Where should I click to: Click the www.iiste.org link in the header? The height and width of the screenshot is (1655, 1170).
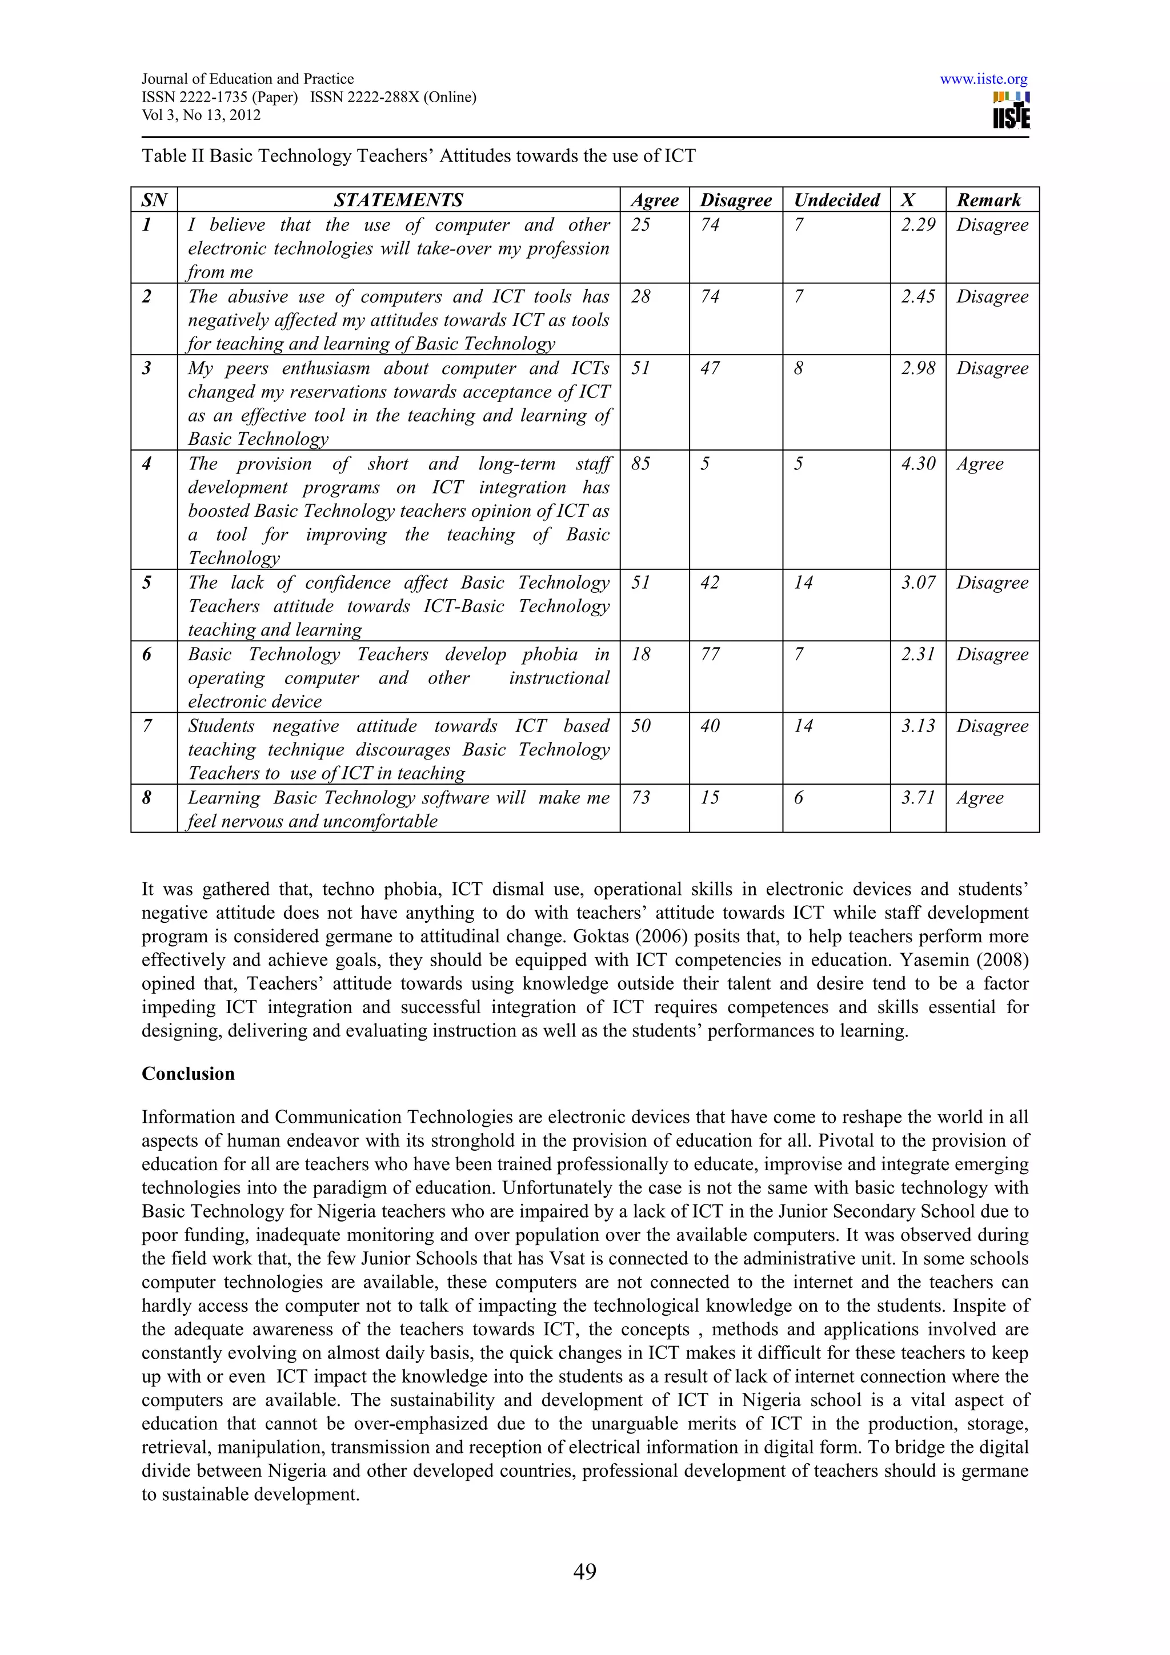(x=983, y=79)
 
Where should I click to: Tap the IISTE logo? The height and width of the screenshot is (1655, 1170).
(x=1011, y=110)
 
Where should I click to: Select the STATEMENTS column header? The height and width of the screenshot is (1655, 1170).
(x=398, y=200)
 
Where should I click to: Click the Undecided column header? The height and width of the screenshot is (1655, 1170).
(x=836, y=200)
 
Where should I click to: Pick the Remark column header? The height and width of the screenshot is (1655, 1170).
(x=988, y=200)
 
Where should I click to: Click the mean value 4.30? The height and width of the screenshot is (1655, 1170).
(x=917, y=464)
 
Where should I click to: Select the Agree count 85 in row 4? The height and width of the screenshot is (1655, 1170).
(x=640, y=464)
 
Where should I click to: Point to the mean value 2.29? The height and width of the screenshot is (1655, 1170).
(x=917, y=225)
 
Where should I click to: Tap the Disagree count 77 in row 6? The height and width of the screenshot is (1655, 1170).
(x=710, y=654)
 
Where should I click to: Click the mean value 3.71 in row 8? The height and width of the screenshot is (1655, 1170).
(x=917, y=798)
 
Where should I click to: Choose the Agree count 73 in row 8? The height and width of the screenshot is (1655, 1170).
(x=640, y=798)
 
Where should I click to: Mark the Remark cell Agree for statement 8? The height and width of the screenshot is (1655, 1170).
(x=980, y=798)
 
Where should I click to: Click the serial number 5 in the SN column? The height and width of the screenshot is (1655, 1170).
(x=147, y=583)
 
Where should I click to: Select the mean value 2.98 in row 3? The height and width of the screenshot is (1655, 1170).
(x=917, y=368)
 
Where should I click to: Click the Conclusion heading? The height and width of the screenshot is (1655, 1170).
(x=188, y=1074)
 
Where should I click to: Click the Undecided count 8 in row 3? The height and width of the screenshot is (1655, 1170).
(x=798, y=368)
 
